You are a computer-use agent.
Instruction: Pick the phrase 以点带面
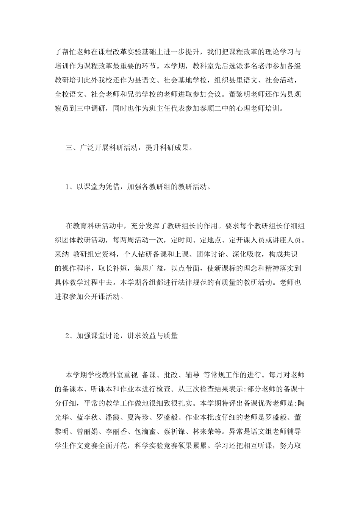(x=185, y=269)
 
